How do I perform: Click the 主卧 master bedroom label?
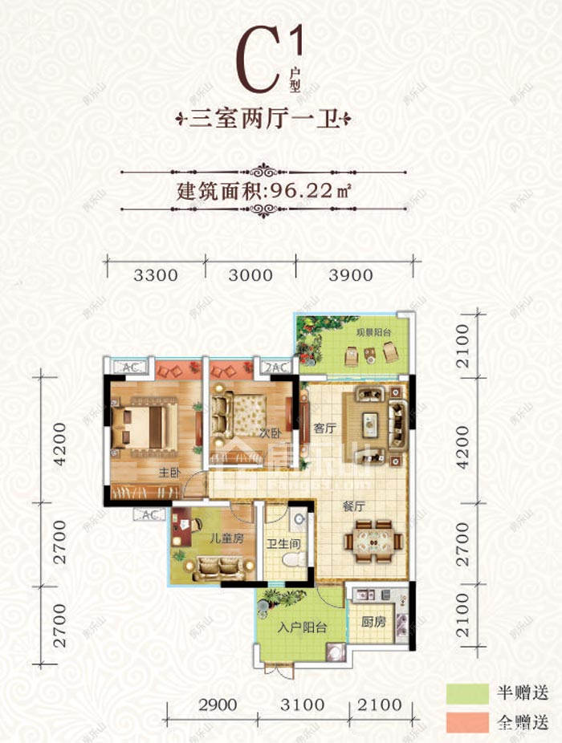tap(147, 473)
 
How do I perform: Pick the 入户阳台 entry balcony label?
tap(301, 629)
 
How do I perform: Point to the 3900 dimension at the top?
tap(351, 275)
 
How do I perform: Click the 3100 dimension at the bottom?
tap(303, 705)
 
